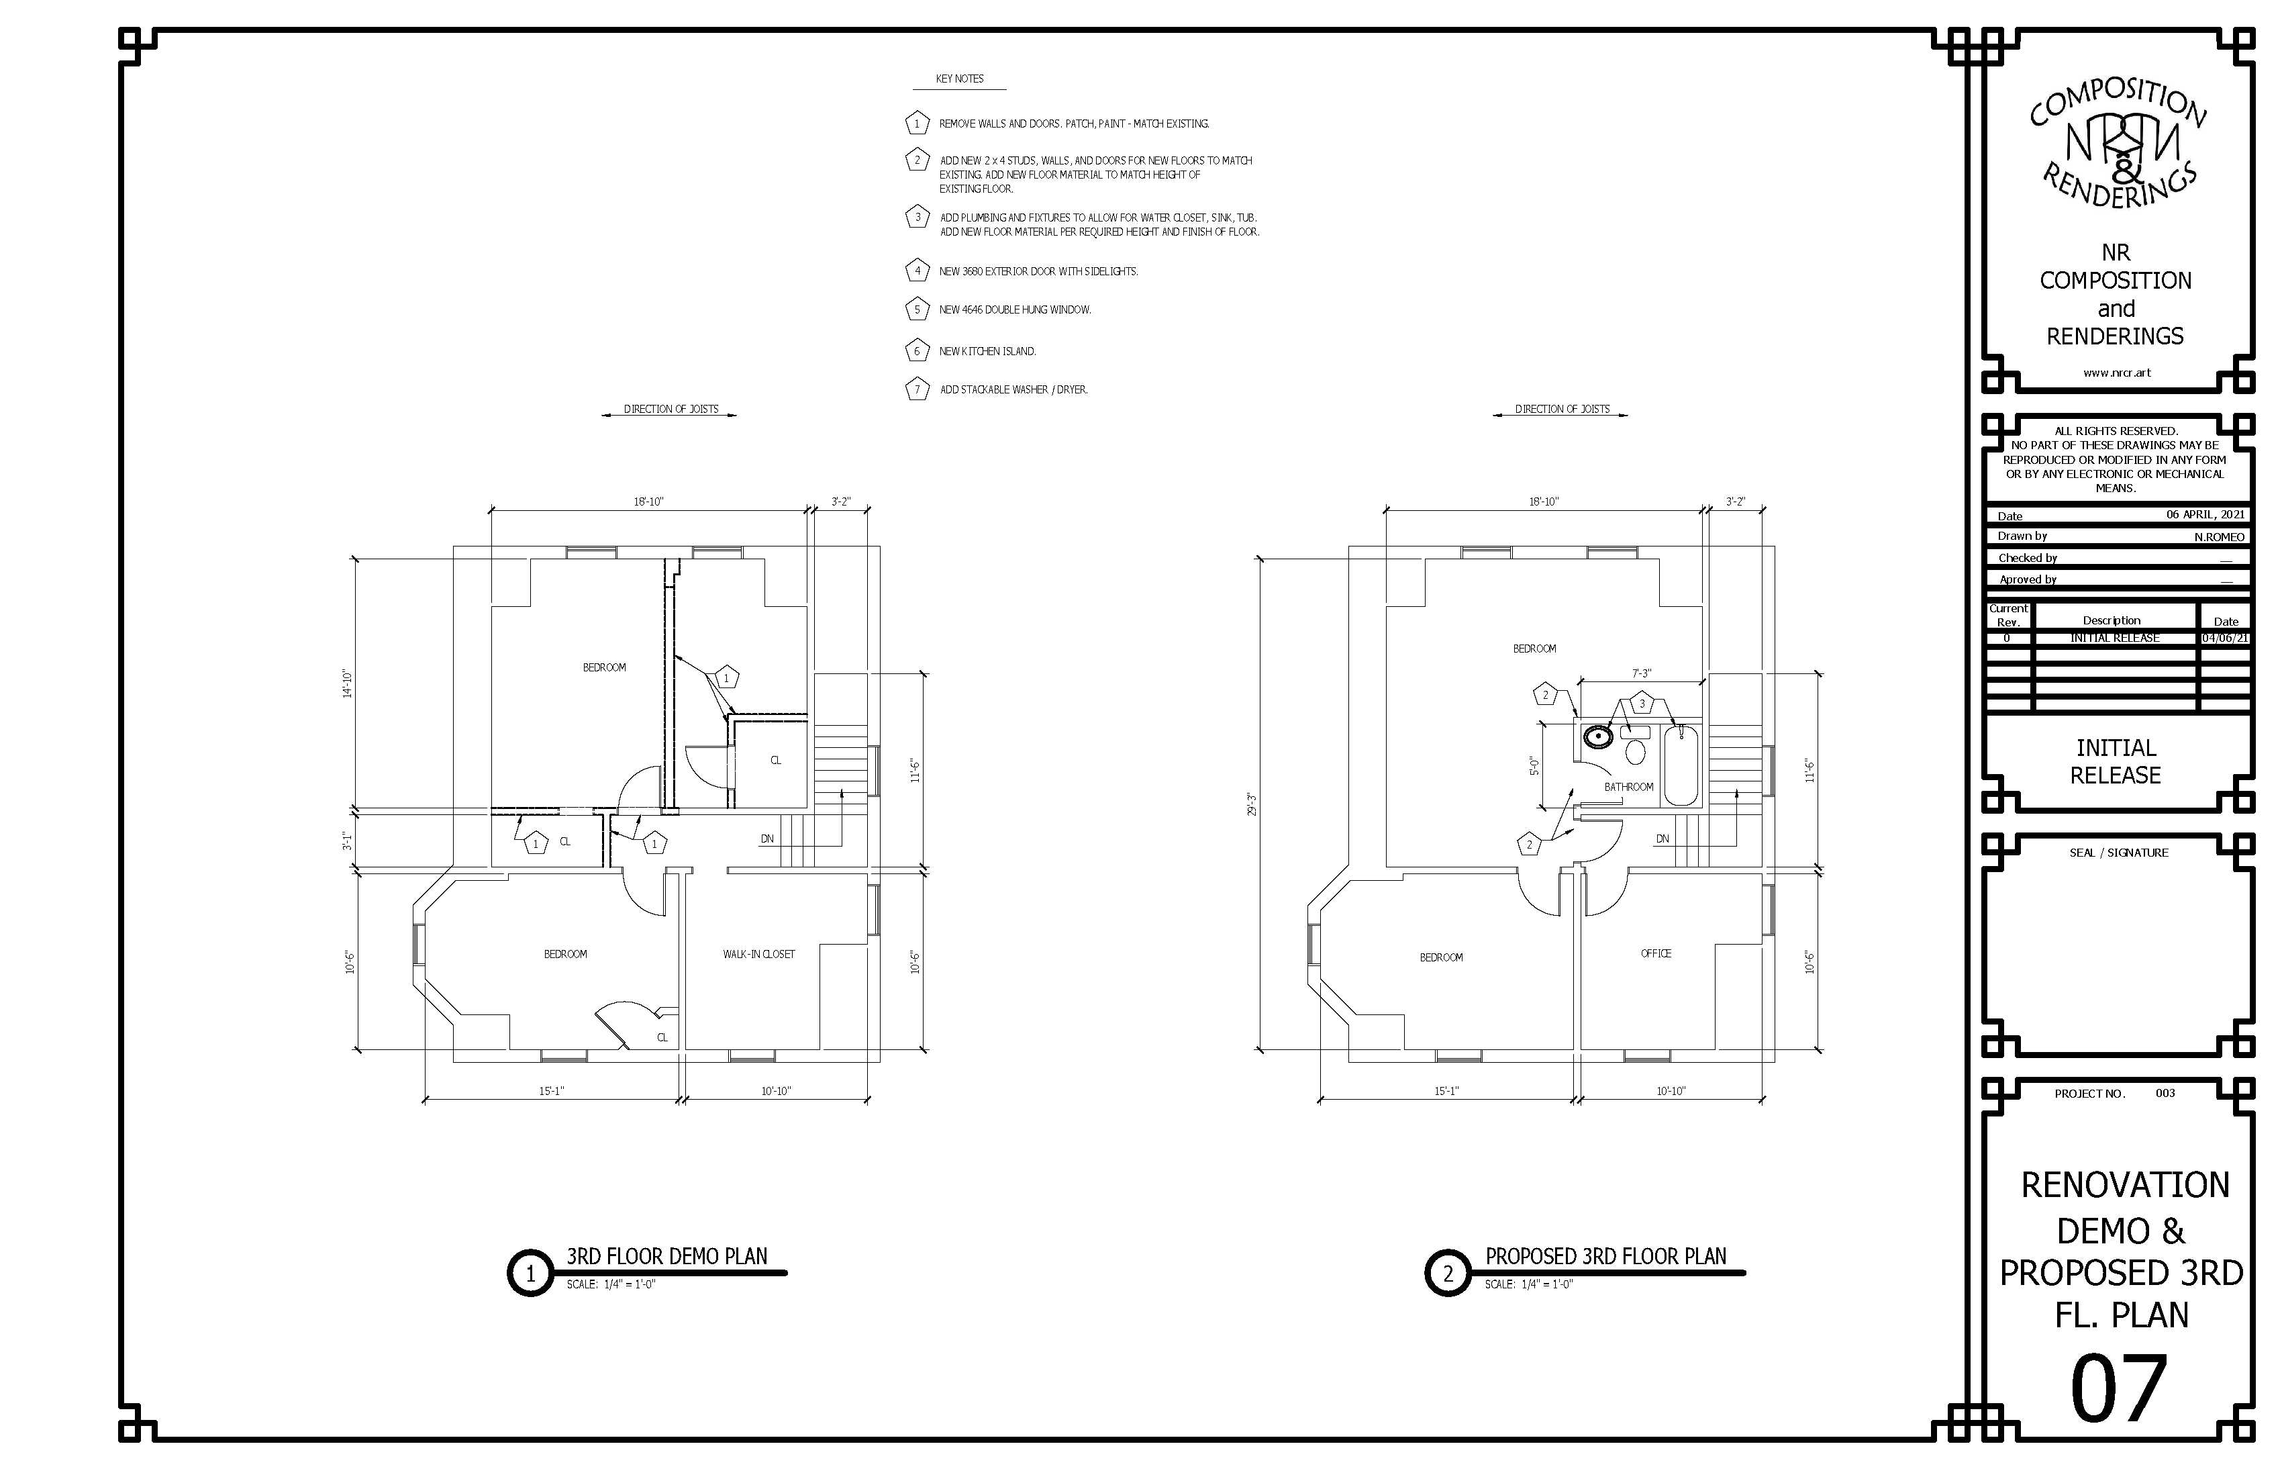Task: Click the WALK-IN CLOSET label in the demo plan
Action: [758, 954]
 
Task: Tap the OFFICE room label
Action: [1656, 953]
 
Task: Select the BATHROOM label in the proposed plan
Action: [1629, 786]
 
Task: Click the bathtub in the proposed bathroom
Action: [1681, 765]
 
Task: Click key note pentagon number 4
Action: [917, 271]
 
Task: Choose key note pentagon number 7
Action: [917, 389]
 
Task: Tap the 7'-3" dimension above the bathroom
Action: [1642, 674]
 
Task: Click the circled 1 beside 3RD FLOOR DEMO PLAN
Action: [530, 1273]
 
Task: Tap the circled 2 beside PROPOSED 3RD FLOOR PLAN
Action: [1448, 1273]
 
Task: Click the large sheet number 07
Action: [2119, 1389]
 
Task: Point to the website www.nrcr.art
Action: [2117, 373]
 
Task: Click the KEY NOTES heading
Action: [960, 79]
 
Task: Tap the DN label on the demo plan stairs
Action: [767, 839]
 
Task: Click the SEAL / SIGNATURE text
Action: [2117, 853]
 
